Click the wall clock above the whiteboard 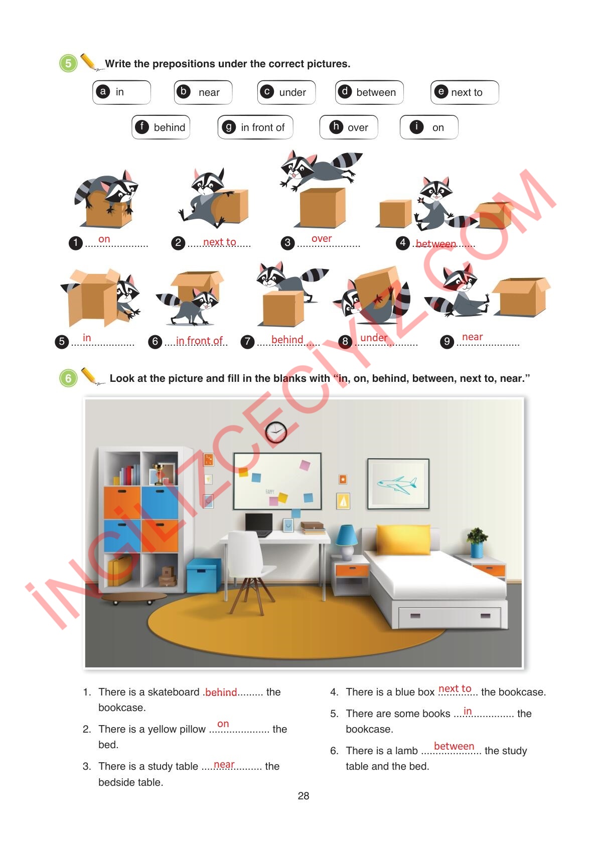[x=276, y=432]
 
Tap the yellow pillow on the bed [x=403, y=539]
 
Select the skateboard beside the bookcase [x=133, y=598]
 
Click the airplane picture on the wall [x=398, y=484]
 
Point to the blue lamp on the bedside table [x=346, y=541]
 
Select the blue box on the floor [x=203, y=575]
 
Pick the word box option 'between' [x=369, y=92]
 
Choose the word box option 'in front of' [x=255, y=127]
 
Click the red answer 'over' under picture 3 [x=322, y=238]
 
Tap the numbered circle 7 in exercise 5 [x=247, y=342]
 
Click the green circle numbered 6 [x=68, y=378]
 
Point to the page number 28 [x=304, y=796]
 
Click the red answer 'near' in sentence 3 [x=224, y=764]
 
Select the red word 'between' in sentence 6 [x=454, y=746]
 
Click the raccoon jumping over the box [x=320, y=169]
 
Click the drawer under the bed [x=450, y=617]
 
